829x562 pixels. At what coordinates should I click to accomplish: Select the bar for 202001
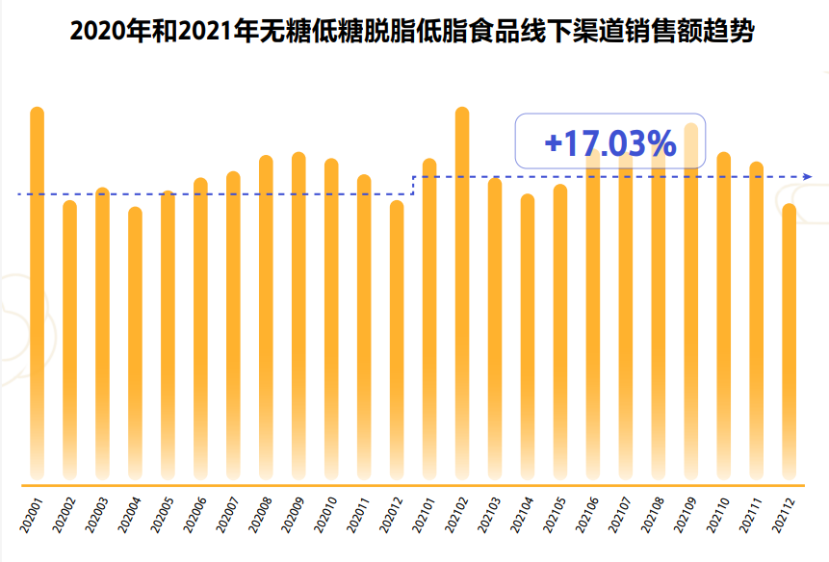coord(38,289)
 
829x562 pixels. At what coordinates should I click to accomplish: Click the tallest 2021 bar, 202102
coord(462,289)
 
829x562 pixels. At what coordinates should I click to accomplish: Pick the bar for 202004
coord(135,337)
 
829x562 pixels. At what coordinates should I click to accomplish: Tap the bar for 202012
coord(397,337)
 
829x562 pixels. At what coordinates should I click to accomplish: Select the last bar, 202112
coord(790,337)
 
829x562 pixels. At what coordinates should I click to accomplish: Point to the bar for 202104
coord(528,337)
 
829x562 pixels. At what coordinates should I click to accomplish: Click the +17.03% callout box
coord(610,143)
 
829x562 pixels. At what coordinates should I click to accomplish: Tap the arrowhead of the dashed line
coord(808,177)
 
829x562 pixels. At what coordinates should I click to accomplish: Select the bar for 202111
coord(757,318)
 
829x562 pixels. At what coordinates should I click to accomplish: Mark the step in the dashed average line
coord(413,185)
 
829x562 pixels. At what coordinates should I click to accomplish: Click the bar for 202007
coord(233,327)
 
